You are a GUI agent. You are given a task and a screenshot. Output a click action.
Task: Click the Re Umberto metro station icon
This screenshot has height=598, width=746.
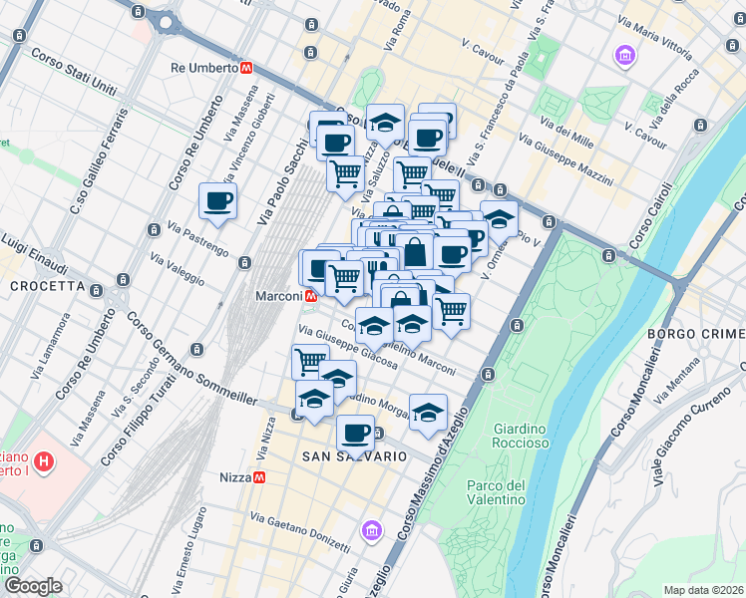click(245, 68)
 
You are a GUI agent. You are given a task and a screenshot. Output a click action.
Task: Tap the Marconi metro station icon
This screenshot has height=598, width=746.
click(312, 296)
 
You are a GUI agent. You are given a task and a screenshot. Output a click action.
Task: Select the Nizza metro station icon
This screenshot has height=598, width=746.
click(258, 477)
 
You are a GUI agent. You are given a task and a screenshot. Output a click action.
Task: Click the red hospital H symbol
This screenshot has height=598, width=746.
click(44, 461)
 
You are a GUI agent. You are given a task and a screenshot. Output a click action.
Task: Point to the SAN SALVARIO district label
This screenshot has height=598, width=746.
click(354, 455)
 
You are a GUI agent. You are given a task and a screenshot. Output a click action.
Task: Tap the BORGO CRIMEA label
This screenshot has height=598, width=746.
click(696, 333)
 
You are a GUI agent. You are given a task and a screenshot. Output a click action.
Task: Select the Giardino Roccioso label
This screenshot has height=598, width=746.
click(520, 436)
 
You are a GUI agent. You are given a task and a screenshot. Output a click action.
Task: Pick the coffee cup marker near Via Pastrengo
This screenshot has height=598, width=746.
click(217, 201)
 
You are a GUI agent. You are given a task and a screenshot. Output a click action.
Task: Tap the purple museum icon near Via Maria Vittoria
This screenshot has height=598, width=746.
click(625, 55)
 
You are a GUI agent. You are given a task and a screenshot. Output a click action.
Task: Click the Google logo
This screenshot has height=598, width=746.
click(32, 586)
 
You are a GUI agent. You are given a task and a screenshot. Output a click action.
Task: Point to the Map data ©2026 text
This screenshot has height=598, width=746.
click(703, 589)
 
